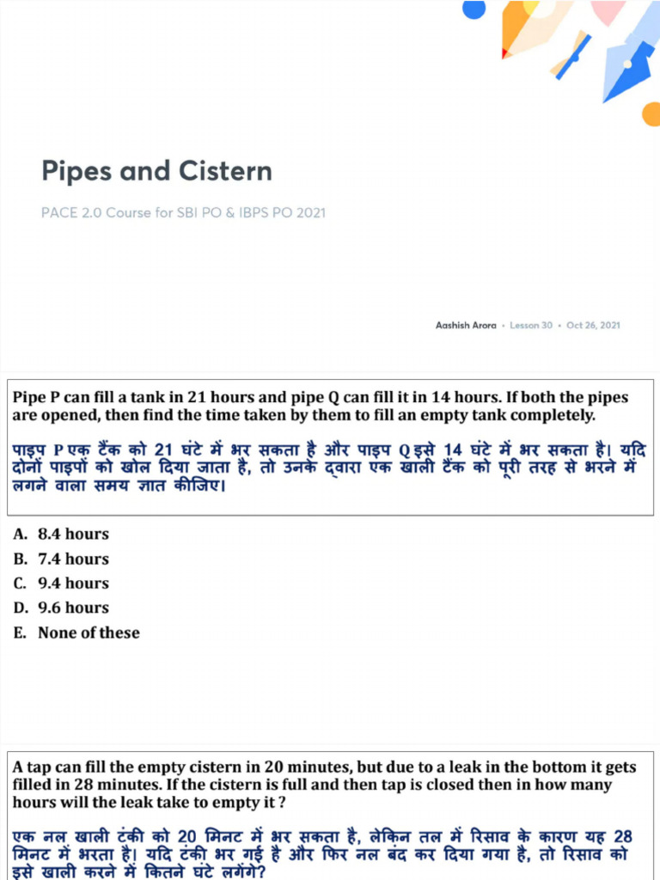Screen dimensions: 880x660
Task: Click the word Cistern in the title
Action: [x=226, y=170]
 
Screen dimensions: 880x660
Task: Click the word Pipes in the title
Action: [x=76, y=171]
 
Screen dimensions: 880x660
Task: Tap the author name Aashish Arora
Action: [x=466, y=326]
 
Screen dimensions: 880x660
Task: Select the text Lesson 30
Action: [x=531, y=326]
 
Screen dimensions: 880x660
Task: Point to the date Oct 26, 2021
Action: [x=593, y=326]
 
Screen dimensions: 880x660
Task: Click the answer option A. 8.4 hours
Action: [x=61, y=535]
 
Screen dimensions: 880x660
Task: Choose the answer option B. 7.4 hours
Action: [x=61, y=559]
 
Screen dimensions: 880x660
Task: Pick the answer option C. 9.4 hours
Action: [x=61, y=583]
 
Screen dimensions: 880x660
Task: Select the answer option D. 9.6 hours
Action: [x=61, y=608]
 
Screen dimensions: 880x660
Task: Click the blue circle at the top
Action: [x=474, y=9]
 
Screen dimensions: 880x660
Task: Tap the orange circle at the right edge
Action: [x=651, y=113]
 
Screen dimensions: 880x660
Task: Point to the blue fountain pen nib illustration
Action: [x=630, y=64]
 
